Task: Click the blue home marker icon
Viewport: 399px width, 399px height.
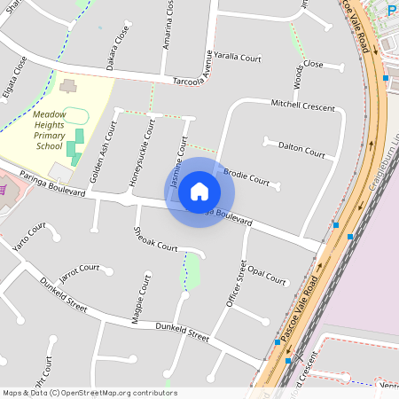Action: [199, 192]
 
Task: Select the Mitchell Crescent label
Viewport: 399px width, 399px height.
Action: [303, 106]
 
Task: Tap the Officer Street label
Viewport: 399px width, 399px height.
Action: [236, 283]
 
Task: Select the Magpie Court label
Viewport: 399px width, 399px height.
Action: [143, 299]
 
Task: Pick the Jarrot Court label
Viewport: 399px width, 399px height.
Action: [78, 270]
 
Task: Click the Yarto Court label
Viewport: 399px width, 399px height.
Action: [29, 238]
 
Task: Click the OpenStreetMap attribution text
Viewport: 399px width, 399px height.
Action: [90, 392]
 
